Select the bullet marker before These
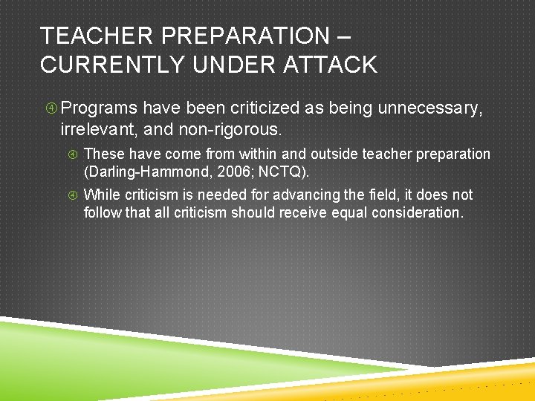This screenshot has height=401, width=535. click(x=73, y=154)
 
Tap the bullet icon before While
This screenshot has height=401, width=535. click(x=73, y=195)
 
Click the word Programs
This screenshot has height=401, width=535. click(x=99, y=109)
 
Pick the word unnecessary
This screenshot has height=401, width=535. click(x=430, y=109)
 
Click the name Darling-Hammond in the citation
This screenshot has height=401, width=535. click(x=140, y=172)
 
